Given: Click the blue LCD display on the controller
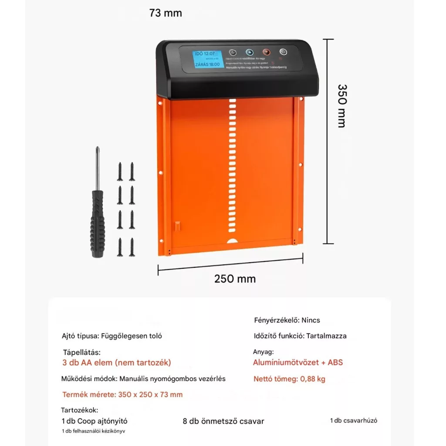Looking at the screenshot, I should (x=206, y=61).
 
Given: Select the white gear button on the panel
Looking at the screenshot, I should (x=284, y=51).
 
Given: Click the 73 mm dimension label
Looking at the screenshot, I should (x=166, y=13).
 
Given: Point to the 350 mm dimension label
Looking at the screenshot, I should (x=342, y=106).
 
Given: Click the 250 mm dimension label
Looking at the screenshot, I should (x=235, y=279).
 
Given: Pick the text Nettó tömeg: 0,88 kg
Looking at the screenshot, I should (x=289, y=379).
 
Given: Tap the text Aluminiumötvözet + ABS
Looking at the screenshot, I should (x=297, y=362).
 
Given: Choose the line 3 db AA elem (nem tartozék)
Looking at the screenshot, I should (x=117, y=362).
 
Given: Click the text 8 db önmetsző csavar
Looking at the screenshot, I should (x=223, y=421).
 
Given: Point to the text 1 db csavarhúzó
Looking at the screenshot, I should (x=354, y=420).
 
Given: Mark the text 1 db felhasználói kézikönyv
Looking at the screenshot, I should (x=94, y=431).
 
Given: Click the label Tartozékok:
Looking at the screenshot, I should (x=80, y=410).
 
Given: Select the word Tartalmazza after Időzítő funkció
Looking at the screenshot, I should (x=326, y=336).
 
